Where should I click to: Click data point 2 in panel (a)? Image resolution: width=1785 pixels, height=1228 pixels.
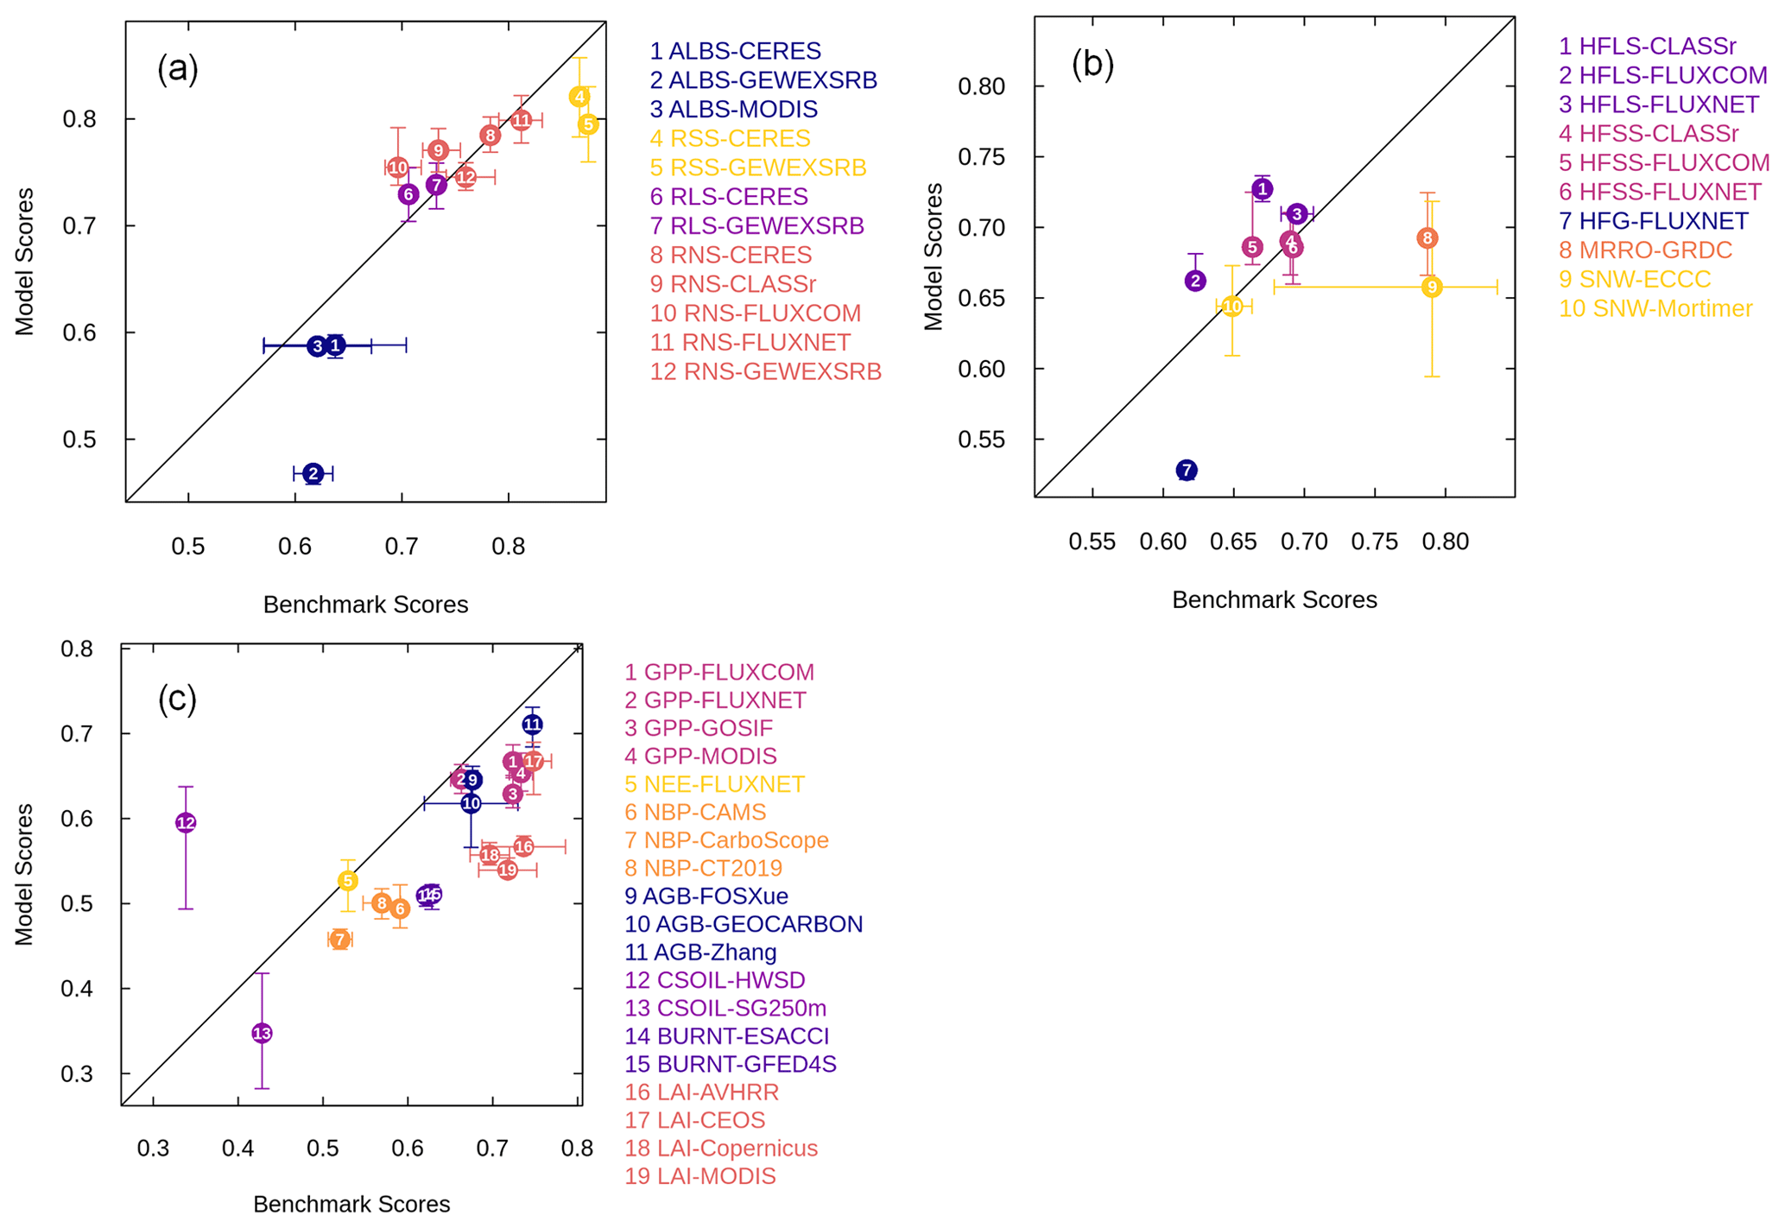tap(313, 473)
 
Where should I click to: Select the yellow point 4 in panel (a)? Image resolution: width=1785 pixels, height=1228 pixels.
tap(579, 97)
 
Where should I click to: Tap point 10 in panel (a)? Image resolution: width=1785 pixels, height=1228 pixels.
tap(397, 168)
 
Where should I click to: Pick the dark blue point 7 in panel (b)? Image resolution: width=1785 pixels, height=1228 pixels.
tap(1187, 470)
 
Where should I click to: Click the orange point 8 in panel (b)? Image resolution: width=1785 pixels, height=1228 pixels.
tap(1427, 238)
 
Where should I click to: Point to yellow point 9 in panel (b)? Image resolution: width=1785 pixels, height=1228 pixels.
tap(1432, 287)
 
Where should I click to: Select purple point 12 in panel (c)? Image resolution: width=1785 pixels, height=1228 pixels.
tap(186, 823)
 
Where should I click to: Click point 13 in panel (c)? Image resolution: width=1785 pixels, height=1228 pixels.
tap(262, 1033)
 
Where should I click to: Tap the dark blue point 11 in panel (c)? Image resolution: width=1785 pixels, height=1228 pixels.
tap(532, 725)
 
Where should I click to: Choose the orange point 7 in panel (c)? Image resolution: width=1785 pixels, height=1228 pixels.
tap(339, 940)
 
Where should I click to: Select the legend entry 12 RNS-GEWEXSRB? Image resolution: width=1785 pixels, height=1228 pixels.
tap(765, 371)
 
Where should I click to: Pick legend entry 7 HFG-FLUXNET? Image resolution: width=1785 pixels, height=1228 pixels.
tap(1654, 221)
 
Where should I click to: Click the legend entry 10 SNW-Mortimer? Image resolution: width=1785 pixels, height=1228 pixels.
tap(1655, 308)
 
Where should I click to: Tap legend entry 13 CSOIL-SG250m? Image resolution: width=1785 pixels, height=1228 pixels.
tap(725, 1008)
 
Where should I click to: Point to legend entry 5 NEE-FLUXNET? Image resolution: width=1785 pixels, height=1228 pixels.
tap(714, 784)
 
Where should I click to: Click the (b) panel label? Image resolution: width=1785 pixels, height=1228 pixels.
tap(1092, 65)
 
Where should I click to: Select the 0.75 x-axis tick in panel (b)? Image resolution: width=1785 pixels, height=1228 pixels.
tap(1374, 542)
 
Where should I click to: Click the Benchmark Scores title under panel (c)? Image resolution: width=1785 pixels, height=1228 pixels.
tap(351, 1204)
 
